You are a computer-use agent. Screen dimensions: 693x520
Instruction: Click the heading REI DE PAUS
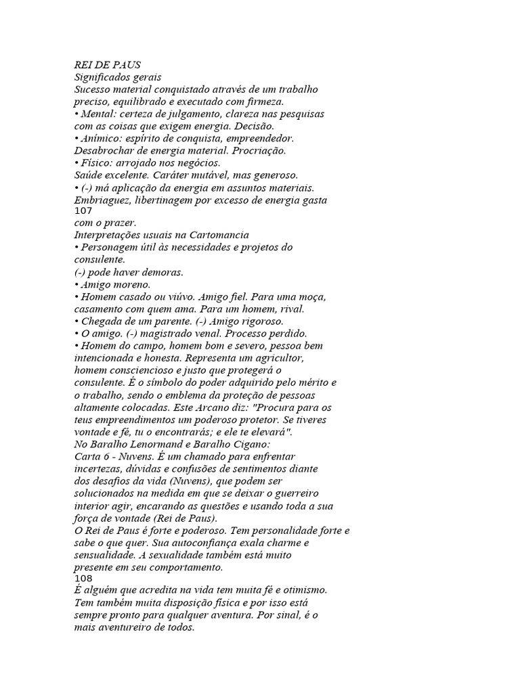[x=107, y=65]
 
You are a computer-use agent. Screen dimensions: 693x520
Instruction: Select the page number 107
[x=82, y=211]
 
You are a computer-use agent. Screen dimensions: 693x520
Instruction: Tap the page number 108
[x=82, y=579]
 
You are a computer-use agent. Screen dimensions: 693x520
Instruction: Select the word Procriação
[x=257, y=150]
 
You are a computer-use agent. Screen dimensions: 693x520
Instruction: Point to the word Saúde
[x=88, y=175]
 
